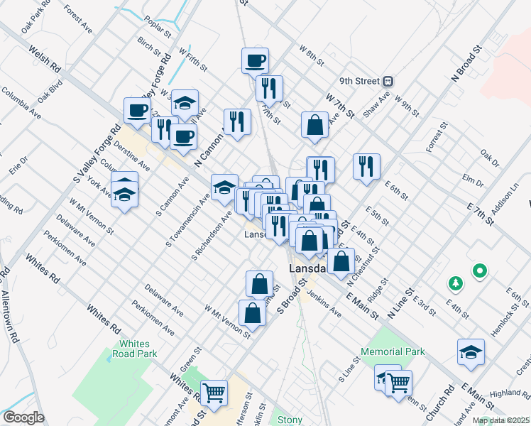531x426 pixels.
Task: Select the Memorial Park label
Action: pos(393,351)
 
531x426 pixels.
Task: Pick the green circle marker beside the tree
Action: pos(480,270)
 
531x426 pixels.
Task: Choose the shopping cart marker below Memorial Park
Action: pos(398,383)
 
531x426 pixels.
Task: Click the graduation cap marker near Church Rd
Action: pos(470,353)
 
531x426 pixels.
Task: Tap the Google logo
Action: pos(23,417)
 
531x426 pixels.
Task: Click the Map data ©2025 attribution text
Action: pos(500,420)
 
